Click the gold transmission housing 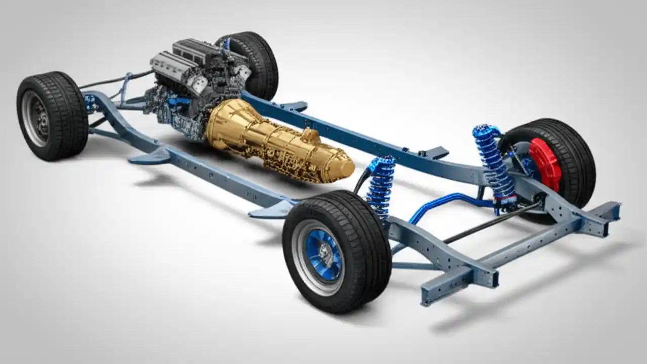(x=273, y=139)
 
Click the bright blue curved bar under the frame (x=440, y=202)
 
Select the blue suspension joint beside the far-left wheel (x=91, y=104)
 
